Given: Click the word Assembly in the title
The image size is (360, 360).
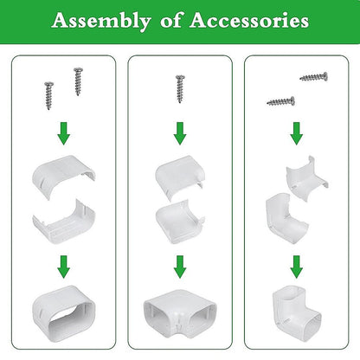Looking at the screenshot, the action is [101, 21].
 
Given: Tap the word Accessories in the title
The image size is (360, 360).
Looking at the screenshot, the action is [249, 20].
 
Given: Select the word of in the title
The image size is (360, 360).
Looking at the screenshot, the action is [171, 20].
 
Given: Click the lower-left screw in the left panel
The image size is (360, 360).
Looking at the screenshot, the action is [49, 95].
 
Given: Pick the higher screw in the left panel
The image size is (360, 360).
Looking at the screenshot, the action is [78, 81].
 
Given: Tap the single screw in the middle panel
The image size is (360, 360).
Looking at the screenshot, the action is [180, 89].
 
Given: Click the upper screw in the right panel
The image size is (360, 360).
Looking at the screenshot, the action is [314, 77].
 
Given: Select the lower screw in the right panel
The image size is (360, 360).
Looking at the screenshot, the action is [281, 101].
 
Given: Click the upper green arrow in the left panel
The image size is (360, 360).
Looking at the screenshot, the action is [63, 133].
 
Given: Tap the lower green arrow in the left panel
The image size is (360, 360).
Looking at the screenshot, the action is [63, 267].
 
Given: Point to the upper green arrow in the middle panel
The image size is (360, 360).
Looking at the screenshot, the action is [180, 133].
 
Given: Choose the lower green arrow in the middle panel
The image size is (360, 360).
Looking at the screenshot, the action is [180, 267].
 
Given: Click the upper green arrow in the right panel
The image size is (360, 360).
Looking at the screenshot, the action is [297, 133].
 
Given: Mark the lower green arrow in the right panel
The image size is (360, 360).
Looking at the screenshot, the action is [297, 267].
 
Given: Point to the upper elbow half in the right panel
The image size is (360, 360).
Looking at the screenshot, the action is [305, 179].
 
